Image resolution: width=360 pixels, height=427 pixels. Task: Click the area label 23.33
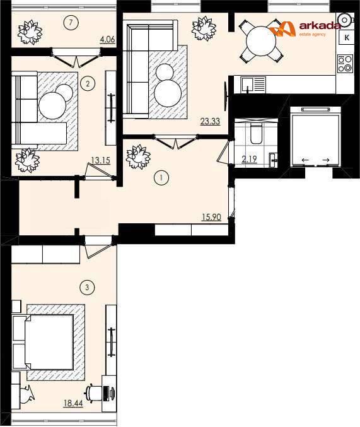point(210,121)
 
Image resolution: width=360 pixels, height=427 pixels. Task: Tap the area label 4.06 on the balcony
point(108,40)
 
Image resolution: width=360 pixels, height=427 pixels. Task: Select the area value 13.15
point(100,160)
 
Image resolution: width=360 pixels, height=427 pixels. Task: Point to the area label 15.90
point(211,217)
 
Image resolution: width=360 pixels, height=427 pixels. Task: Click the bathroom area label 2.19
point(250,158)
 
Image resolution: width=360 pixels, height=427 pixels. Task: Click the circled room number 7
point(71,22)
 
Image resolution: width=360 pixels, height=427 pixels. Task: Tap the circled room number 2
point(88,83)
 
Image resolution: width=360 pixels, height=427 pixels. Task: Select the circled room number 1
point(161,178)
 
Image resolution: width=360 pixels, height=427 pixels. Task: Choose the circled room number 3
point(87,288)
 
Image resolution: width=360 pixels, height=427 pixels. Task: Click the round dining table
point(261,41)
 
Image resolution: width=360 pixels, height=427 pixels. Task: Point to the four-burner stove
point(345,64)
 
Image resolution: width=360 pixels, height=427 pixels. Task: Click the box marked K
point(347,38)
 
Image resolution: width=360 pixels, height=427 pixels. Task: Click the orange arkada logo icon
point(282,28)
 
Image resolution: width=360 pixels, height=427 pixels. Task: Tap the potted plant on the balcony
point(30,32)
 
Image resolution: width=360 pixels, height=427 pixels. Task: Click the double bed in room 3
point(49,342)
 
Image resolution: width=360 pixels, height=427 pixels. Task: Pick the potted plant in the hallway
point(138,157)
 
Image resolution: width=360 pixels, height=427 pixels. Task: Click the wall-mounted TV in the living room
point(226,96)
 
